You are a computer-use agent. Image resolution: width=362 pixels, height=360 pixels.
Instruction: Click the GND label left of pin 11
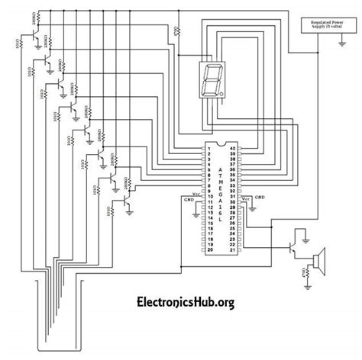(x=189, y=201)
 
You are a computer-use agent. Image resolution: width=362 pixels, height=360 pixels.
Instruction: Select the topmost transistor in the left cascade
(x=47, y=55)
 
